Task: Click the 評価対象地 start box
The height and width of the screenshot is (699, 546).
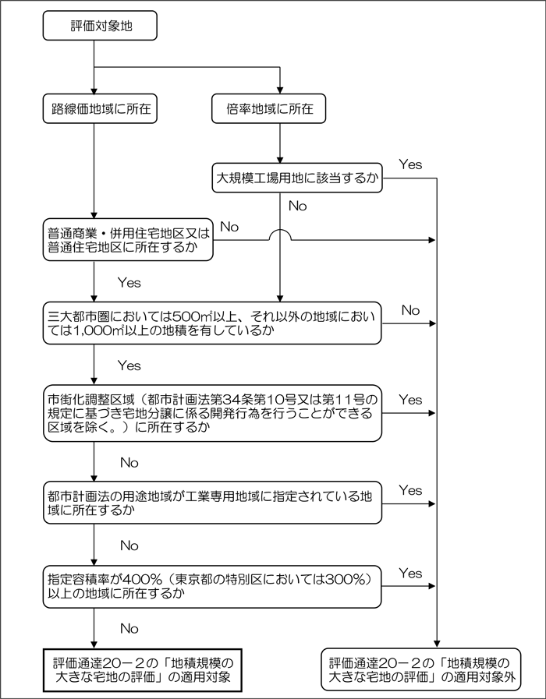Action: point(94,26)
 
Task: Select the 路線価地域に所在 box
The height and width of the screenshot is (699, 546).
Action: point(94,109)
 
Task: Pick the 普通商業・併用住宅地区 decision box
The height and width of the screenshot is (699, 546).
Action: point(127,239)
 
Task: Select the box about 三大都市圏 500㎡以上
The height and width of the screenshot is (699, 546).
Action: point(211,322)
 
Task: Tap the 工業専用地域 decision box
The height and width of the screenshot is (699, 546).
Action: point(211,503)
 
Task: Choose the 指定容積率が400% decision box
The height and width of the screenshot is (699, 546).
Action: point(211,587)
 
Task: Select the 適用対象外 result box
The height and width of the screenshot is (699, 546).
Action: point(423,669)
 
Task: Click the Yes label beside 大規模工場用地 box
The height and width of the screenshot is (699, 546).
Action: point(410,164)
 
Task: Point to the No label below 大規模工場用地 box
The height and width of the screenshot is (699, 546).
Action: point(297,207)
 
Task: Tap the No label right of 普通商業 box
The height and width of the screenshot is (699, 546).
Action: point(229,227)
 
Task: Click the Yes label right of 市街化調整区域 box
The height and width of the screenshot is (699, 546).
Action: point(410,399)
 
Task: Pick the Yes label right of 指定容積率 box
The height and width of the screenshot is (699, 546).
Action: point(410,574)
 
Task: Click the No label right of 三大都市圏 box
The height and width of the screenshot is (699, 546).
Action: point(410,310)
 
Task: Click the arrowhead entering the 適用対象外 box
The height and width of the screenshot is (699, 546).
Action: point(435,641)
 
